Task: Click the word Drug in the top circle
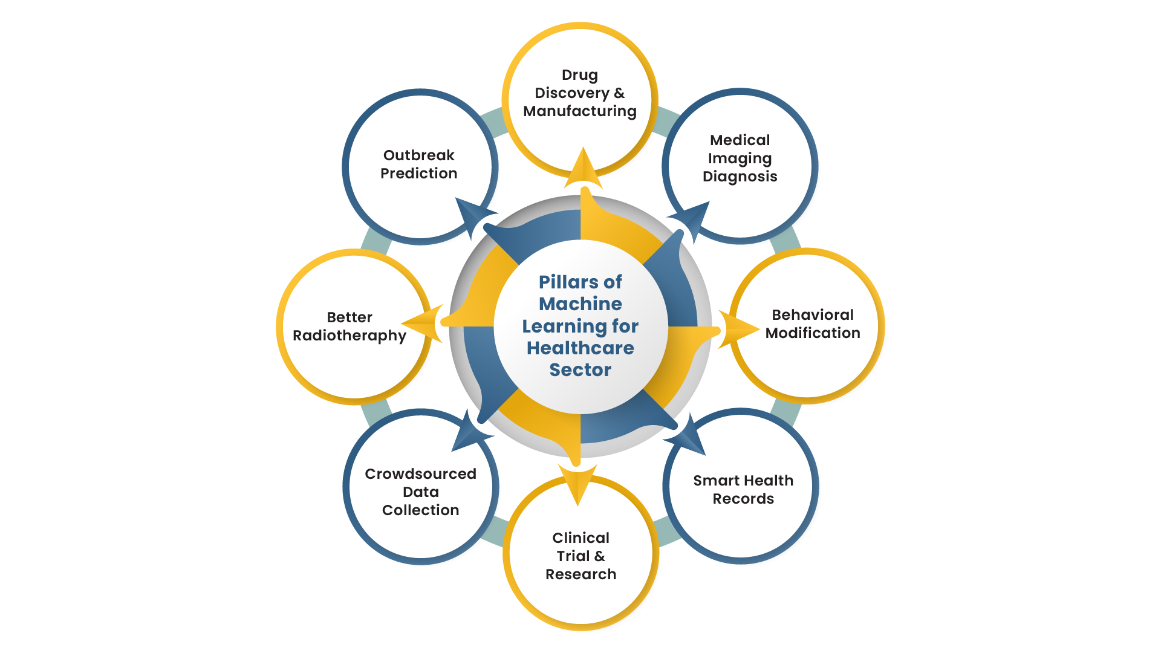(580, 76)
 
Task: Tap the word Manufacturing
(580, 112)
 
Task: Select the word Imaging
(740, 159)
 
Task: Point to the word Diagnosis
(740, 177)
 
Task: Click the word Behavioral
(813, 315)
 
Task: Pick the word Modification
(813, 333)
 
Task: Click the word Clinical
(580, 538)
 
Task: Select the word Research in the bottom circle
(580, 574)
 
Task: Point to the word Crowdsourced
(420, 474)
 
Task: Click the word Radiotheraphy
(350, 336)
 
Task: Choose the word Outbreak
(418, 155)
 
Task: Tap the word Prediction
(418, 174)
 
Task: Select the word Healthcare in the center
(580, 348)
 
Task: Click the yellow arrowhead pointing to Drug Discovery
(583, 169)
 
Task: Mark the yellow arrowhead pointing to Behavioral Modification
(738, 330)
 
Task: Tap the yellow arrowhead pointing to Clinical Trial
(578, 484)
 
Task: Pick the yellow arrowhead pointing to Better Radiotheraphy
(422, 323)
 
